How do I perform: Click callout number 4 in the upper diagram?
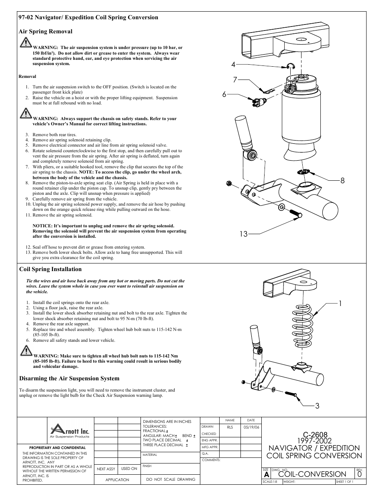click(x=233, y=65)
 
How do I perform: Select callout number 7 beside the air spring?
click(x=235, y=80)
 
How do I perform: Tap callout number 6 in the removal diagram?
click(x=225, y=94)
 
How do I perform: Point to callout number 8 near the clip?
click(x=342, y=181)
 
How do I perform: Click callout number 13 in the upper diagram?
click(x=244, y=234)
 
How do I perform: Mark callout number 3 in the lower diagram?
click(x=317, y=406)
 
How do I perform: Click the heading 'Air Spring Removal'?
click(x=46, y=31)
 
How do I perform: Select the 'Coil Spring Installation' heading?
click(x=51, y=269)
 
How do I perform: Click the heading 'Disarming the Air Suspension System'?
click(x=69, y=378)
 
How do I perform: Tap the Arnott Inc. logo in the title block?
click(x=69, y=430)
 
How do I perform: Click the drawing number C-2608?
click(x=315, y=435)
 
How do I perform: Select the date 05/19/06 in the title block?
click(x=251, y=427)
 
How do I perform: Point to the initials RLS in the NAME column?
click(x=230, y=427)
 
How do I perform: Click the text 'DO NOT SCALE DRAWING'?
click(x=171, y=479)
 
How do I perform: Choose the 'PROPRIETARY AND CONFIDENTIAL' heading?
click(x=57, y=447)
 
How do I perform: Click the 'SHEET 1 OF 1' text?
click(x=344, y=482)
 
